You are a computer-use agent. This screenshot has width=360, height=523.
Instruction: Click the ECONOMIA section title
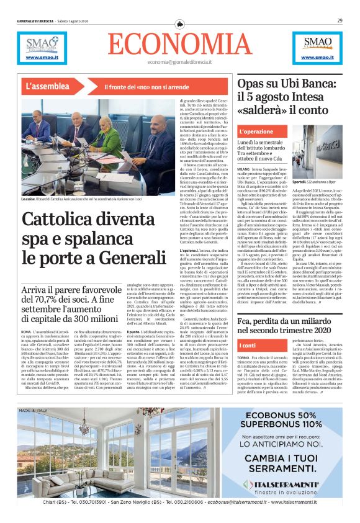coord(179,44)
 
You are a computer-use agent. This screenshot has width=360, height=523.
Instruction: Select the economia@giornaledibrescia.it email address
coord(179,62)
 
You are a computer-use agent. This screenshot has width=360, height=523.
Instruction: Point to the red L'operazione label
coord(256,132)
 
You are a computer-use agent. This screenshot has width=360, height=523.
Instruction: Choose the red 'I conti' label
coord(248,345)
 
